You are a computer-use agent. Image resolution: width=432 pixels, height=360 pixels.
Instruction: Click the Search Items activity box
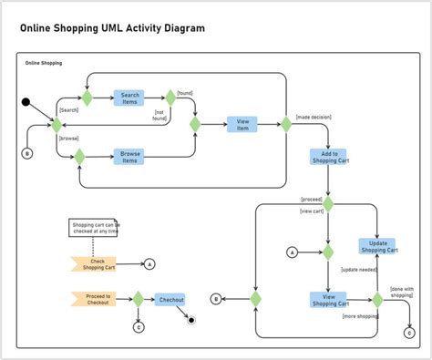(129, 98)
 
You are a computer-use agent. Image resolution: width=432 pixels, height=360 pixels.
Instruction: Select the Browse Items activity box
(129, 157)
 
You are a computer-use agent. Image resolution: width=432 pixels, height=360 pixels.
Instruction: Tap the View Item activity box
(242, 125)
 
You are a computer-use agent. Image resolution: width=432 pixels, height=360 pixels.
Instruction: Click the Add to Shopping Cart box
(327, 157)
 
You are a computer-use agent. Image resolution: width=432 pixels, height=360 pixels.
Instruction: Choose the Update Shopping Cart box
(378, 246)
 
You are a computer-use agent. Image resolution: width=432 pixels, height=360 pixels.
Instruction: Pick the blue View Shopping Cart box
(327, 300)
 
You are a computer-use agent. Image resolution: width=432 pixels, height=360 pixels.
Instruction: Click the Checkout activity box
(170, 299)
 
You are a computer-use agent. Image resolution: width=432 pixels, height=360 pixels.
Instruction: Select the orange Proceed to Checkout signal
(93, 299)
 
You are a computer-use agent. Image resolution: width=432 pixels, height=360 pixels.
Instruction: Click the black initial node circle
(26, 102)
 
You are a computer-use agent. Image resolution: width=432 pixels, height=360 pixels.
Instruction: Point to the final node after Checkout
(191, 320)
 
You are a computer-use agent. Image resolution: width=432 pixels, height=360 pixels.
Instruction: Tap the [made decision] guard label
(313, 117)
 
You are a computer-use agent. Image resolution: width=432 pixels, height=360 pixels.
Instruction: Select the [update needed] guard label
(358, 270)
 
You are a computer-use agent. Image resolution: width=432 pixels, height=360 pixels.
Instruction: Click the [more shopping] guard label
(360, 316)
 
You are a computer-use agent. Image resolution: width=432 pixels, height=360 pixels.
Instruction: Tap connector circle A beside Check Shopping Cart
(149, 264)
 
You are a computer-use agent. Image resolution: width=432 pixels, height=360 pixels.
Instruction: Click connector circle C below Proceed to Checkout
(139, 327)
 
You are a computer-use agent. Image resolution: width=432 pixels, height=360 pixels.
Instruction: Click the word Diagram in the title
(180, 28)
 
